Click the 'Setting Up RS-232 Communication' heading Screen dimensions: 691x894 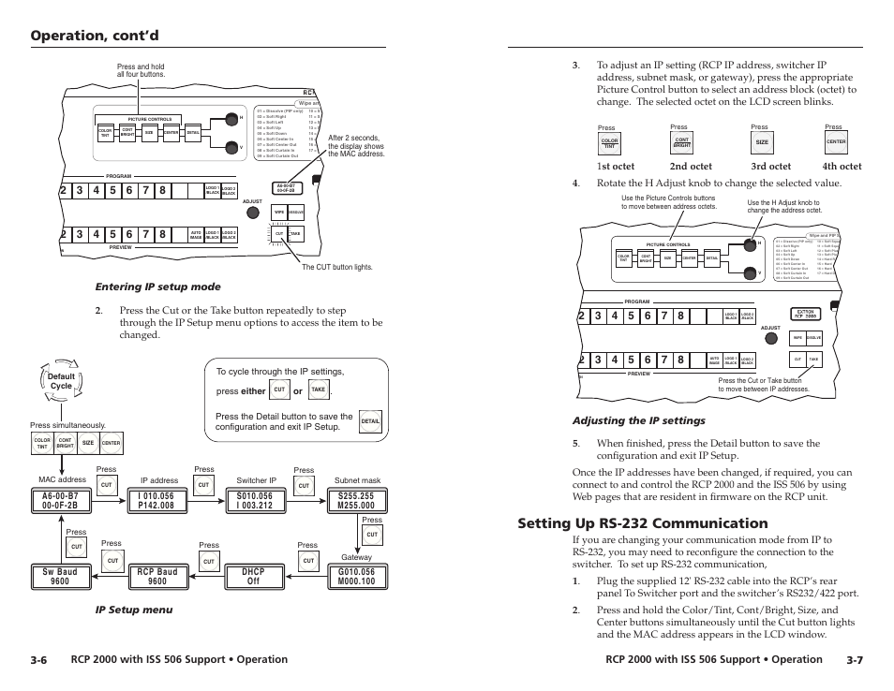coord(642,522)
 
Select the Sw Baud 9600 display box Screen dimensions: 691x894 coord(61,576)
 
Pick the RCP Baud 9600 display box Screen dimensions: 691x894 coord(156,576)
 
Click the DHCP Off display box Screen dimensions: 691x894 coord(253,576)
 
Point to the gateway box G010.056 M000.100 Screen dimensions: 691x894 coord(355,576)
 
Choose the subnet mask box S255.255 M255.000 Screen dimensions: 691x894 coord(355,501)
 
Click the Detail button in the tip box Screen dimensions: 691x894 coord(370,422)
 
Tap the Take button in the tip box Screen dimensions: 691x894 coord(319,390)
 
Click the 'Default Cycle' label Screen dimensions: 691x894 coord(61,381)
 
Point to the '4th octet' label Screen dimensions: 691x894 coord(842,167)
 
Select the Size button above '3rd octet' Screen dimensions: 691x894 coord(762,143)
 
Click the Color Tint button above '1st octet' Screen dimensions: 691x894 coord(609,143)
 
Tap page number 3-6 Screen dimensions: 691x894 coord(38,660)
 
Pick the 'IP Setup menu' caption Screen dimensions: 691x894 coord(140,610)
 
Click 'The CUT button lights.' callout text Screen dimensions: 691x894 coord(336,267)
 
